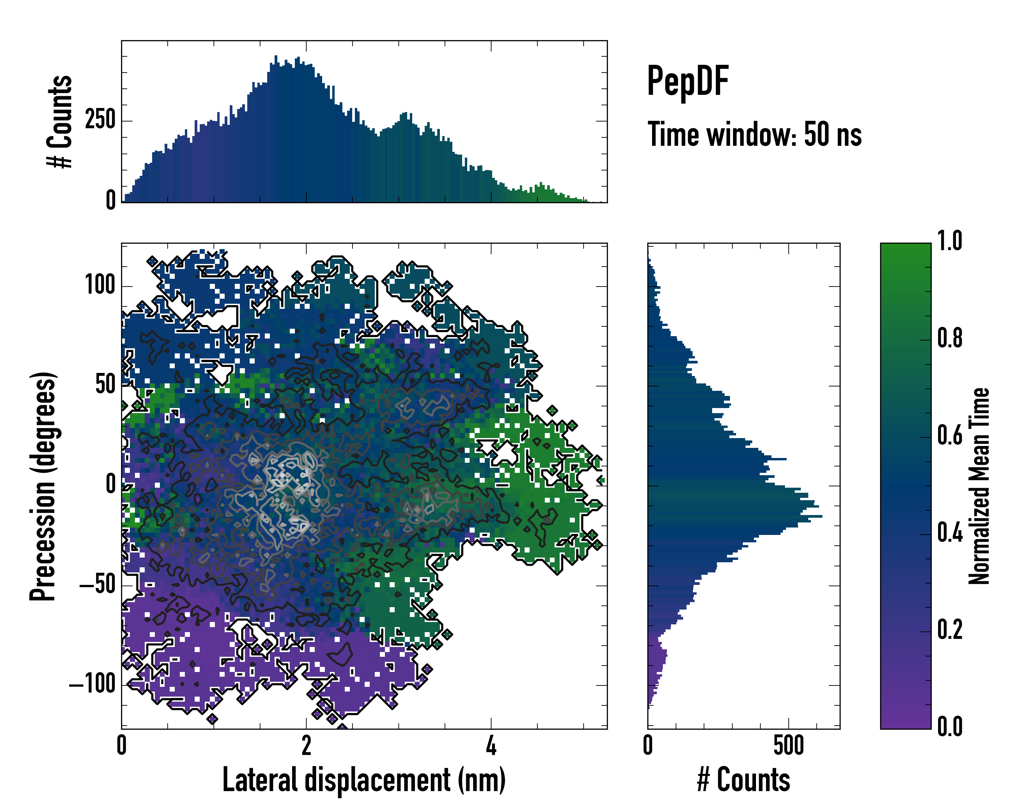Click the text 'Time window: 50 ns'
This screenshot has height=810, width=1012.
click(754, 135)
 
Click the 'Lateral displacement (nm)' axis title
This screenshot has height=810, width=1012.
click(364, 780)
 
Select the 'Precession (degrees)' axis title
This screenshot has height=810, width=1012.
click(43, 486)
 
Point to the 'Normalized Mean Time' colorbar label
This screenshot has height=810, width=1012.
click(979, 486)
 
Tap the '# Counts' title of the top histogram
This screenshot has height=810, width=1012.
click(60, 122)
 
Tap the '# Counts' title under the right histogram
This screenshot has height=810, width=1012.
click(743, 780)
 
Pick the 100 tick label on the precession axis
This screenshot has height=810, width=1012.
click(100, 285)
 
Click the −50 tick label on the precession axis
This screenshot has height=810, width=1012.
click(97, 585)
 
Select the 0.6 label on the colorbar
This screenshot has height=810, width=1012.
click(950, 435)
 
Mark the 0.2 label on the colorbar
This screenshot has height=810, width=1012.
click(950, 630)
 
